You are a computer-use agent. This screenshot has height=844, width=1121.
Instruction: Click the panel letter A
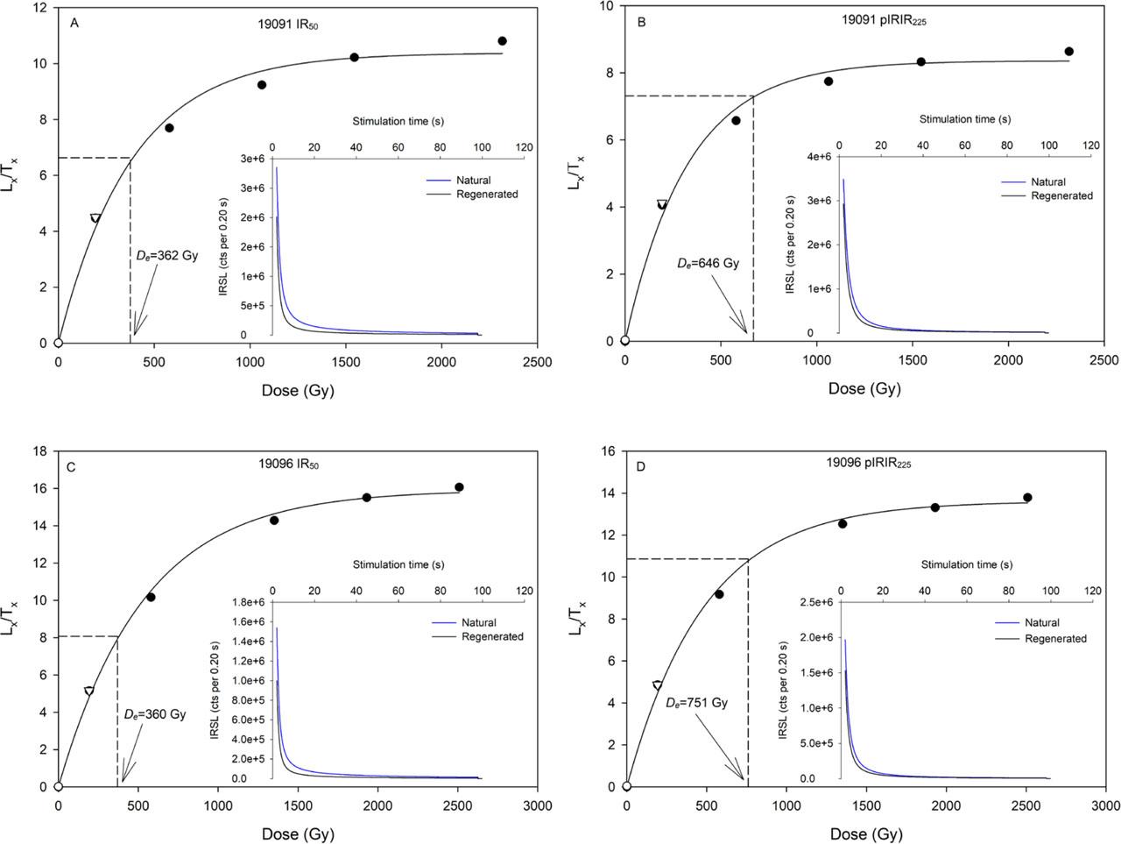pyautogui.click(x=74, y=24)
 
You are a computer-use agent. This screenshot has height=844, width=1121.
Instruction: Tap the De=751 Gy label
pyautogui.click(x=696, y=703)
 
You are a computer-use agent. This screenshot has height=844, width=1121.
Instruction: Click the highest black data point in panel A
pyautogui.click(x=502, y=41)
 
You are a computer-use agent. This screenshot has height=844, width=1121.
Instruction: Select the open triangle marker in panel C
pyautogui.click(x=89, y=692)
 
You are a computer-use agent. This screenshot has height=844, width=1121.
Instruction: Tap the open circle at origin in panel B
pyautogui.click(x=624, y=340)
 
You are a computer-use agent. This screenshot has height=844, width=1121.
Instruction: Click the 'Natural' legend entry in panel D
pyautogui.click(x=1042, y=623)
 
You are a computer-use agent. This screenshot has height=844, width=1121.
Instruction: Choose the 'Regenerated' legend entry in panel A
pyautogui.click(x=487, y=194)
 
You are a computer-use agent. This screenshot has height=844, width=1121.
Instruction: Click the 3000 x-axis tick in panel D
pyautogui.click(x=1105, y=805)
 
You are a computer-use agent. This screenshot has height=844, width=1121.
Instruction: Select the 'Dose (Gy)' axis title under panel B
pyautogui.click(x=864, y=389)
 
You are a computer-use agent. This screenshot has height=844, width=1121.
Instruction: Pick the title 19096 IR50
pyautogui.click(x=289, y=465)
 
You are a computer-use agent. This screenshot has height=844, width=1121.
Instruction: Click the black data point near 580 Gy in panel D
pyautogui.click(x=719, y=594)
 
